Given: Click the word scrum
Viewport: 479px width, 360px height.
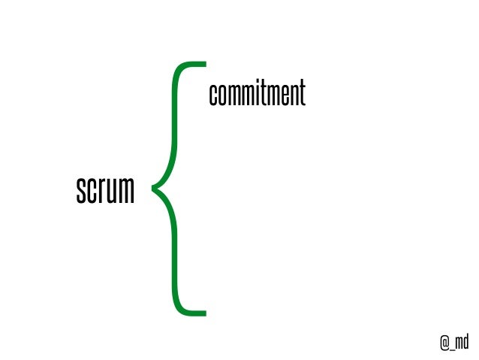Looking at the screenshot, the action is click(x=105, y=191).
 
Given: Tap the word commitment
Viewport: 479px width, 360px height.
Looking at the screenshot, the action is click(x=257, y=95).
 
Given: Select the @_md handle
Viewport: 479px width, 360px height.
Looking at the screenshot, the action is click(x=454, y=342).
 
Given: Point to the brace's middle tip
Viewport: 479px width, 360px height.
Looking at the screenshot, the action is click(x=155, y=188).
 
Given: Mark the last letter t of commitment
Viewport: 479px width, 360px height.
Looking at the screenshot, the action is click(x=303, y=95).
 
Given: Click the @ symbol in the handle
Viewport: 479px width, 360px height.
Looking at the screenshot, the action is click(x=444, y=342).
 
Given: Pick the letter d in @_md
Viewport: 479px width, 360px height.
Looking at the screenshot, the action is click(x=465, y=342).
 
